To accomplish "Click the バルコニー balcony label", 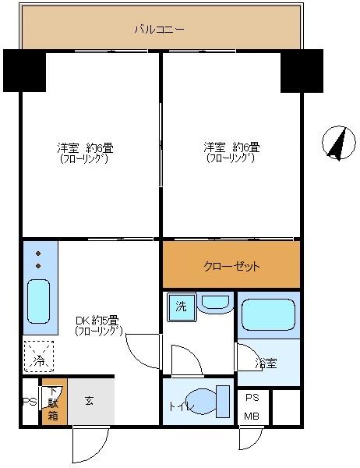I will tap(158, 30).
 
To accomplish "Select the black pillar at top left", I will tap(23, 69).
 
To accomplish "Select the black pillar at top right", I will tap(301, 69).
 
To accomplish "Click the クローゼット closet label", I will tap(231, 266).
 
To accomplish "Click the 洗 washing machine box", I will tap(181, 307).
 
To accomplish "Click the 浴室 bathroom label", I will tap(266, 362).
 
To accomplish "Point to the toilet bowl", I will tap(205, 402).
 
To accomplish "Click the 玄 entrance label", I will tap(90, 401).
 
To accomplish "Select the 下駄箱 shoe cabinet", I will tap(53, 402).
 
